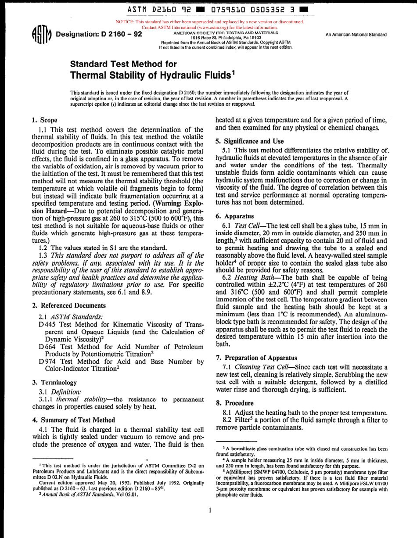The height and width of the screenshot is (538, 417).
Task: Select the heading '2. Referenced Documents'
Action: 69,305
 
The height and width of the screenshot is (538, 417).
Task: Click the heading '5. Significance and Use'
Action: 250,141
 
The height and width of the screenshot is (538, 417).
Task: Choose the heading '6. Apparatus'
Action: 235,216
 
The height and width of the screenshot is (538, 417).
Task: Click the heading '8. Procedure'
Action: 235,403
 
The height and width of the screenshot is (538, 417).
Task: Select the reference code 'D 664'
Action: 46,347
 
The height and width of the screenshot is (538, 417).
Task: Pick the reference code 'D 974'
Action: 46,362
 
